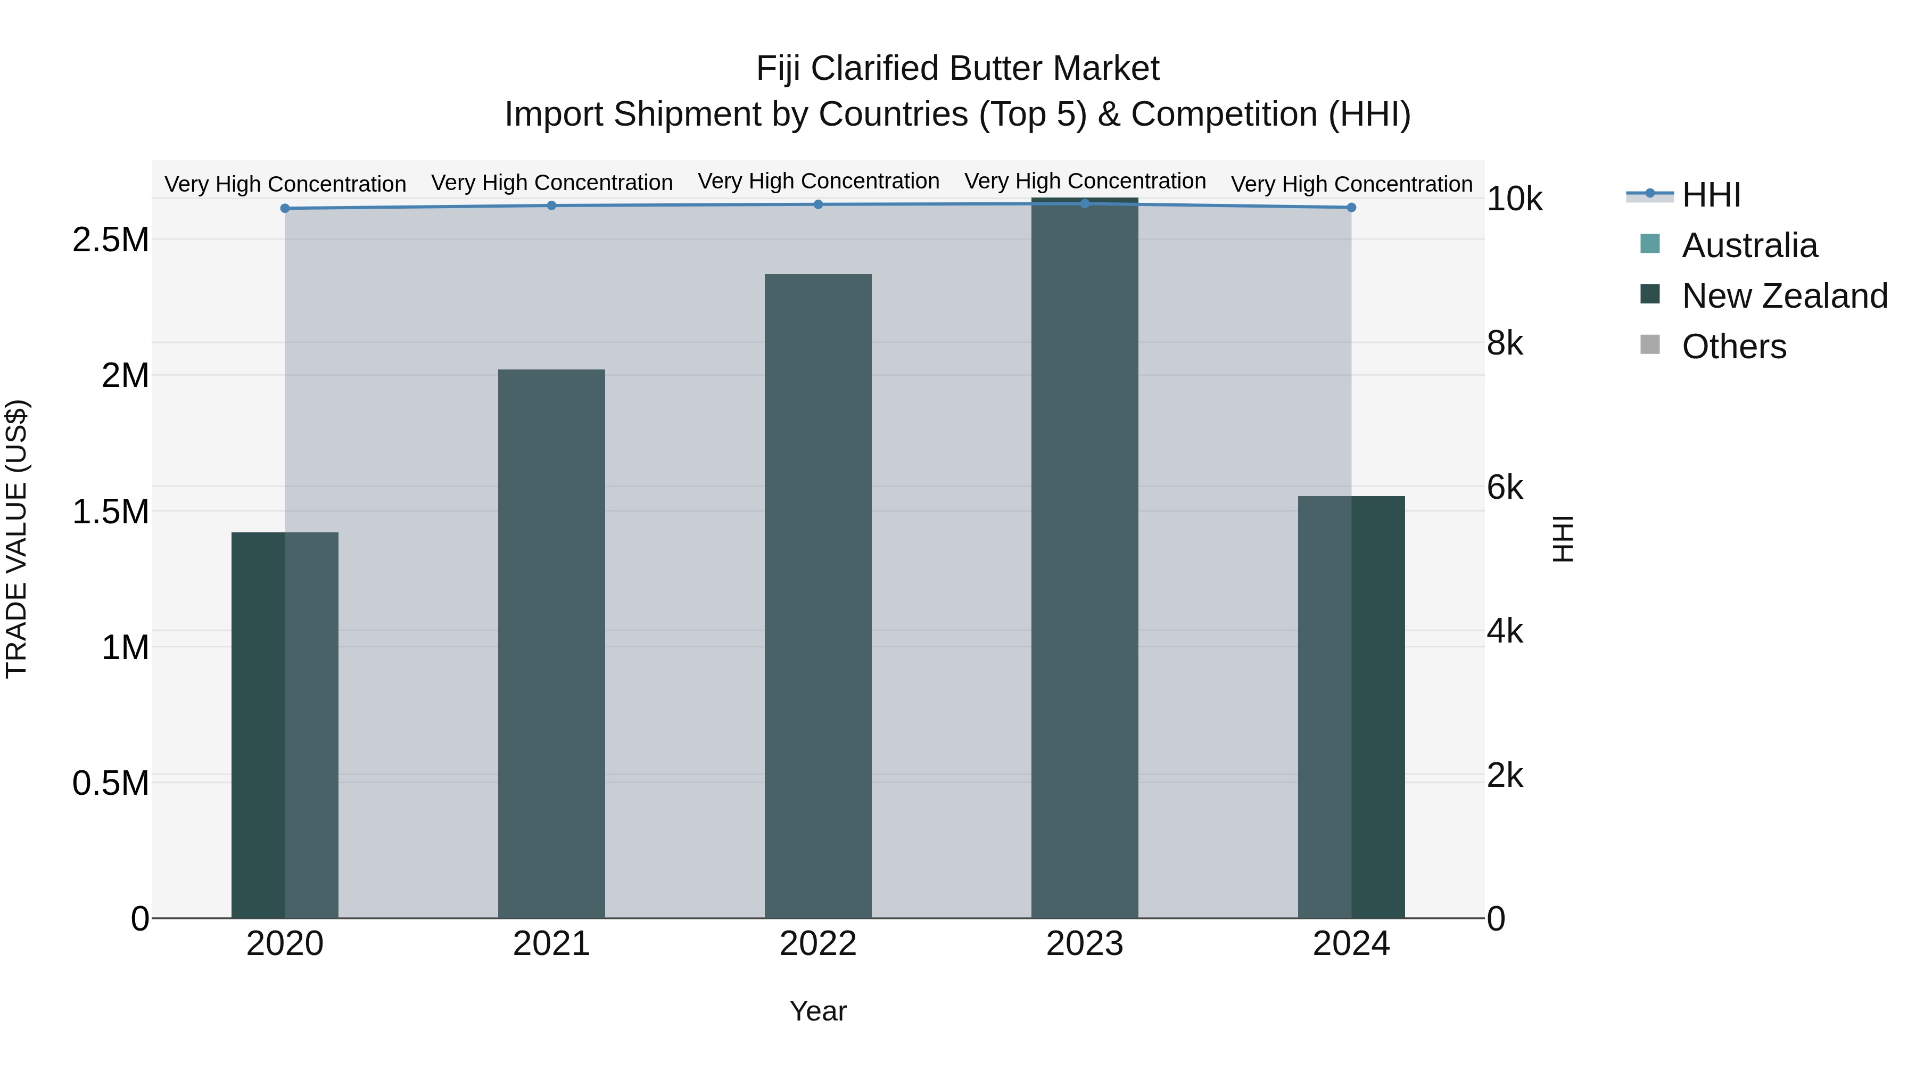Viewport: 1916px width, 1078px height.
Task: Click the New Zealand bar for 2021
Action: tap(551, 644)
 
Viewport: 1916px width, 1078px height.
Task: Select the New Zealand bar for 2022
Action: tap(817, 595)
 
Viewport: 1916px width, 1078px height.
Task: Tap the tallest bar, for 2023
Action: tap(1085, 558)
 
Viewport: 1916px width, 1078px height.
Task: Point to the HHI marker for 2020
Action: tap(285, 208)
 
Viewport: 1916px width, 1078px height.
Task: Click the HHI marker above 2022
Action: tap(818, 204)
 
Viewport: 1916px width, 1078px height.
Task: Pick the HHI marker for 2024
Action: tap(1351, 208)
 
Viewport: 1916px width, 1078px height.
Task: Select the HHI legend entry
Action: tap(1710, 195)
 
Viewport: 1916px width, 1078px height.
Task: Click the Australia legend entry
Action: tap(1749, 245)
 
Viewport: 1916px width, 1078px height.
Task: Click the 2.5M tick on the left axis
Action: tap(111, 240)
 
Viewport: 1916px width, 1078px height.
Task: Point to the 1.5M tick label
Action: tap(111, 512)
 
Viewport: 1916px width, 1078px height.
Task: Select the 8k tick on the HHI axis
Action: tap(1505, 344)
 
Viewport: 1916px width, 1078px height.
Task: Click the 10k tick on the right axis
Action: tap(1514, 200)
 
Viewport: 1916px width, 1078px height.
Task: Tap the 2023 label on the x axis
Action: tap(1085, 944)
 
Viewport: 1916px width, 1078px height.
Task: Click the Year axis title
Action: tap(817, 1011)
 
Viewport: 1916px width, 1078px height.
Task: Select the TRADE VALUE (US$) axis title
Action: tap(16, 539)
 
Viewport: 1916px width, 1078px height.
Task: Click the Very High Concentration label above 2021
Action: tap(551, 182)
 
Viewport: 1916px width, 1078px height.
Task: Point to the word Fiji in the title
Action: tap(778, 69)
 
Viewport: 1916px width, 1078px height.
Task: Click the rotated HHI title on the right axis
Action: tap(1564, 539)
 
